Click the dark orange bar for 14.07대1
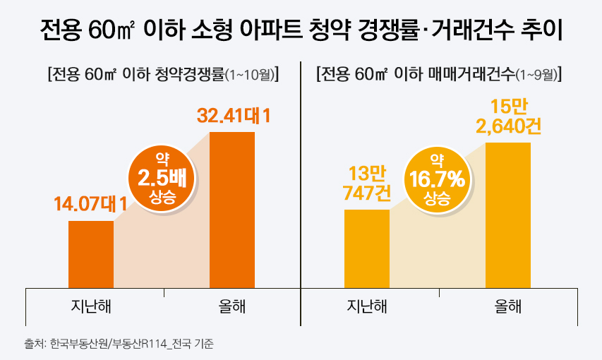(x=91, y=254)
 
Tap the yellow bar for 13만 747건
(x=366, y=248)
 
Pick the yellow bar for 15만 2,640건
(x=507, y=215)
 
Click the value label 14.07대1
(x=90, y=205)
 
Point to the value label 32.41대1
(x=234, y=114)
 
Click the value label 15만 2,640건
(x=507, y=117)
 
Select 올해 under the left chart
(x=232, y=306)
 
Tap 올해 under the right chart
(x=508, y=306)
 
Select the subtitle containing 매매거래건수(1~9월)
(x=439, y=74)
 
